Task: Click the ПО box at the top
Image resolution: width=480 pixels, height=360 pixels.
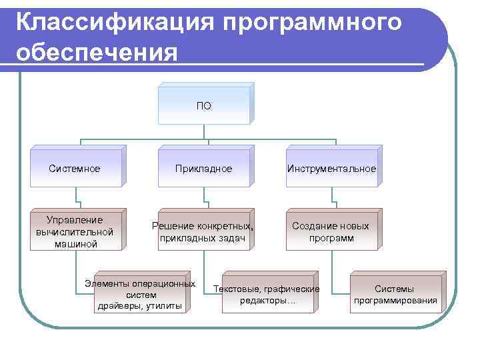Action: [x=204, y=105]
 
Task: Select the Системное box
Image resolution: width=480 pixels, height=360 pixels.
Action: [x=75, y=168]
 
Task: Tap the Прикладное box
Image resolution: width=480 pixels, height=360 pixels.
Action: [x=204, y=168]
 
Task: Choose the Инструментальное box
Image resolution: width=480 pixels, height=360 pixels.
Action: [x=332, y=168]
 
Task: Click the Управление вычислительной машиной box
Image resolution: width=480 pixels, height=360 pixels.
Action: [x=75, y=231]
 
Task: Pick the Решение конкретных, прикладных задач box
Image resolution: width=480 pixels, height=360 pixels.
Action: [x=204, y=231]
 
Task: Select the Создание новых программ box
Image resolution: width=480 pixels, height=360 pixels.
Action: [x=332, y=231]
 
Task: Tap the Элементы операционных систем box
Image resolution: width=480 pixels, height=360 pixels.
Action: [x=141, y=294]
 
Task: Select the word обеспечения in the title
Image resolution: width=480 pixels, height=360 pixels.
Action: [x=97, y=52]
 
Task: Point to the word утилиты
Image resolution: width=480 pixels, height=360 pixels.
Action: [x=164, y=305]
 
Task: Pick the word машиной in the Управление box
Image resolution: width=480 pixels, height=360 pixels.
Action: [x=75, y=243]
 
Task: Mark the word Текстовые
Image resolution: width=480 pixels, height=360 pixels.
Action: [x=235, y=289]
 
